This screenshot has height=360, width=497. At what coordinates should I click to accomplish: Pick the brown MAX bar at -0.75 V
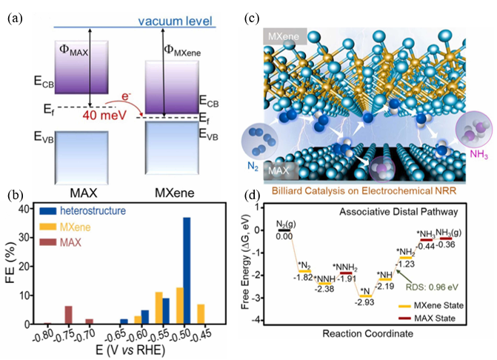[x=68, y=315]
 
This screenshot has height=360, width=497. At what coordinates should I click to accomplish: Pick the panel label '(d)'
[x=256, y=198]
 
